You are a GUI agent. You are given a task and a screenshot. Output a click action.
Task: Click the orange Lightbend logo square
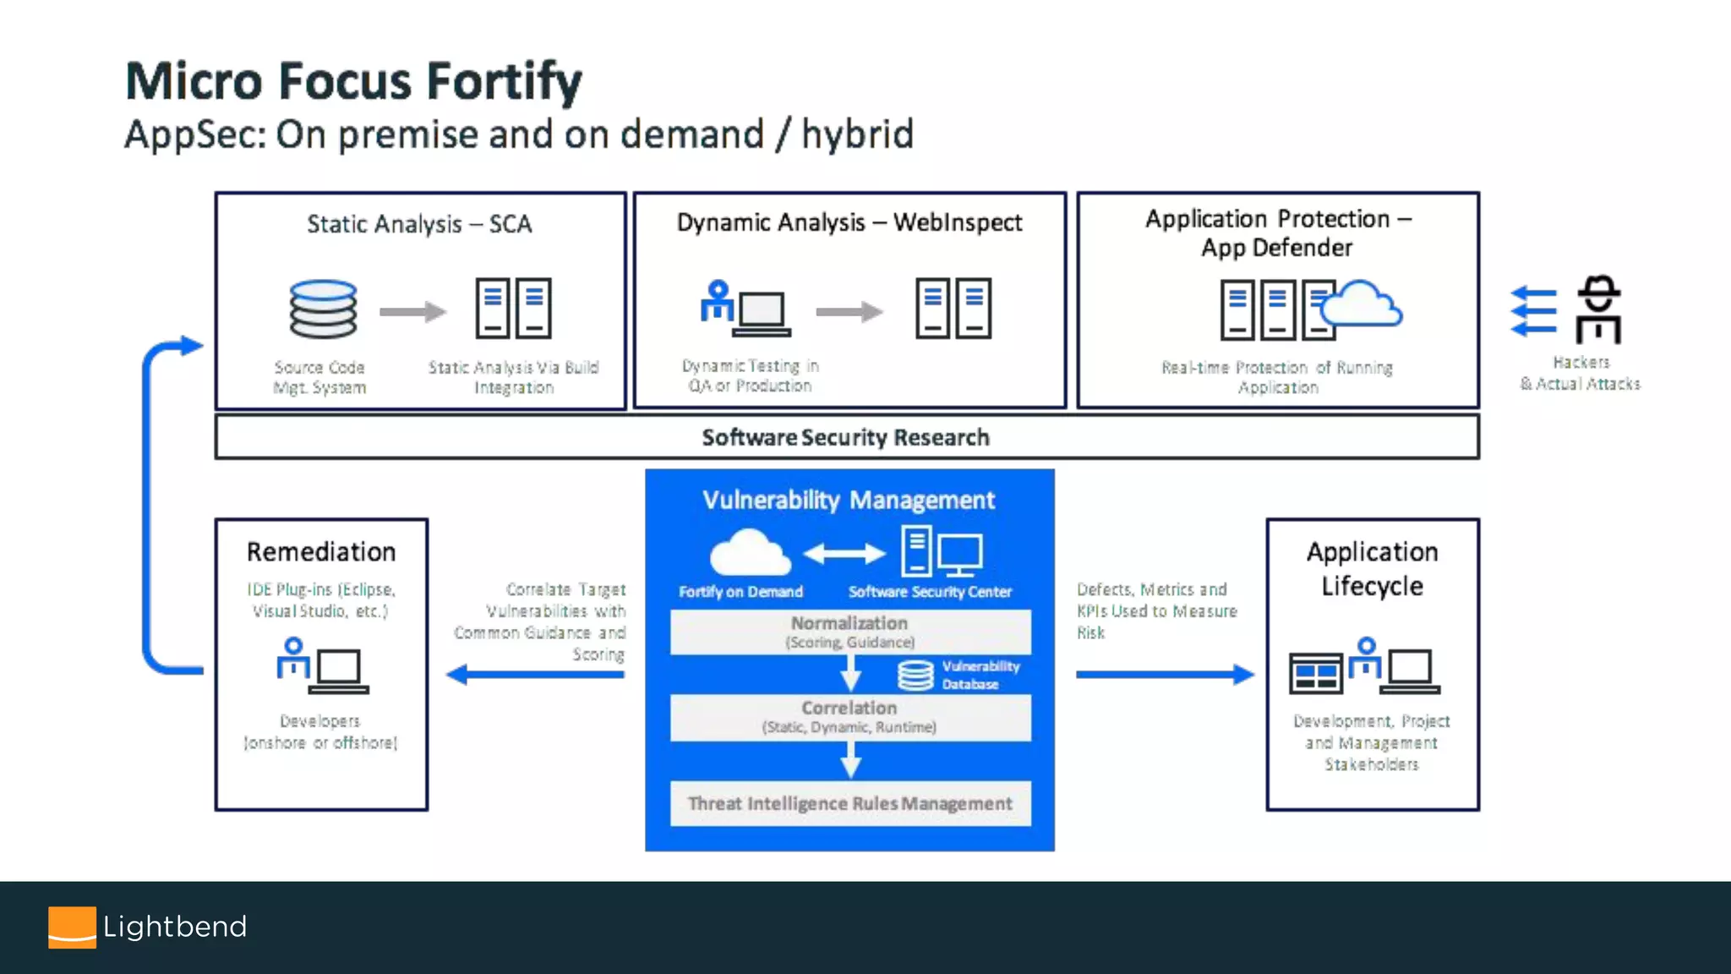72,927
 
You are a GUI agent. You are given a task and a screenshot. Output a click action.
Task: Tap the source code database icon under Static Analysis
323,309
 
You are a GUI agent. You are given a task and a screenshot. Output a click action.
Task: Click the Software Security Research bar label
845,437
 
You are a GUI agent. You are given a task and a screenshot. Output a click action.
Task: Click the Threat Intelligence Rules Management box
849,803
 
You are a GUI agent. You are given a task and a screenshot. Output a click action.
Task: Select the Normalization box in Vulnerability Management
849,631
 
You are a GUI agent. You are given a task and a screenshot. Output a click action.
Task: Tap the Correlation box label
849,709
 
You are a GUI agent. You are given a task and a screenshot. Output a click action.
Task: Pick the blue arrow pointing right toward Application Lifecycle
1165,674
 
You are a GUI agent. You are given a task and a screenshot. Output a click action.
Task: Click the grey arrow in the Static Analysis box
412,312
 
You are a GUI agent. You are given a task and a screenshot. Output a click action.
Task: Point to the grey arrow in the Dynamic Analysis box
849,312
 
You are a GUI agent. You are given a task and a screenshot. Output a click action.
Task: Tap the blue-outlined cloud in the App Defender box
1362,305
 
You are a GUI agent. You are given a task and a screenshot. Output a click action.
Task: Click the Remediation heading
321,552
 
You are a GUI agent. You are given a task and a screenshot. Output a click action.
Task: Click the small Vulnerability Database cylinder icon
915,675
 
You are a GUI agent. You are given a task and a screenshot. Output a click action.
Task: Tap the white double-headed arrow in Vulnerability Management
844,554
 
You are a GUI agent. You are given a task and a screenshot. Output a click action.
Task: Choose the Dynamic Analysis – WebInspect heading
849,222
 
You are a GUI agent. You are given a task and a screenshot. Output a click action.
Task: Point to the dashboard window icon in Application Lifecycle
1315,673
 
